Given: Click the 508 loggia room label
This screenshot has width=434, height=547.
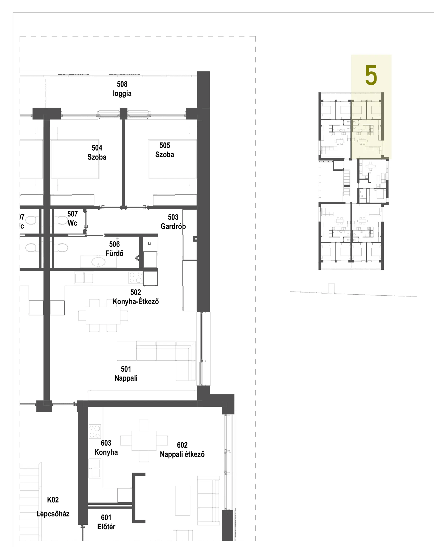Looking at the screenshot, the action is (x=122, y=89).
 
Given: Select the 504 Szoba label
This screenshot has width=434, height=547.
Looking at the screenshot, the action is (x=97, y=153).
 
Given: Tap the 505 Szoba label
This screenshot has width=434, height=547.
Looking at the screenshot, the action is (x=165, y=150).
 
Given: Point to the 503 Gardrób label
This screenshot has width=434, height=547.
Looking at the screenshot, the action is (x=173, y=222).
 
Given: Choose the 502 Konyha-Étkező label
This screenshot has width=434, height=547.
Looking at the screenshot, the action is (x=136, y=297).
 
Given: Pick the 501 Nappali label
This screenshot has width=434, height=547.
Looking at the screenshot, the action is (x=126, y=374).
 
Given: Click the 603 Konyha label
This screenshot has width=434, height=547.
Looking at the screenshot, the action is (x=106, y=448).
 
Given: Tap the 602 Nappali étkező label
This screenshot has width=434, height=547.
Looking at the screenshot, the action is (x=182, y=450).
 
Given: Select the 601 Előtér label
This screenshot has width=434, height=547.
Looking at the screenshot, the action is (x=106, y=522).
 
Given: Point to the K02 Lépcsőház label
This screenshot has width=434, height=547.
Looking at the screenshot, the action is (x=53, y=507).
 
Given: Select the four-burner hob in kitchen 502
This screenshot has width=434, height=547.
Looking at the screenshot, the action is (x=136, y=277).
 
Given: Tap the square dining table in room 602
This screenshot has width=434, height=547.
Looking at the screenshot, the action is (x=144, y=441).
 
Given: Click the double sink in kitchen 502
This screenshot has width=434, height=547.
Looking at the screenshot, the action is (x=84, y=278).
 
